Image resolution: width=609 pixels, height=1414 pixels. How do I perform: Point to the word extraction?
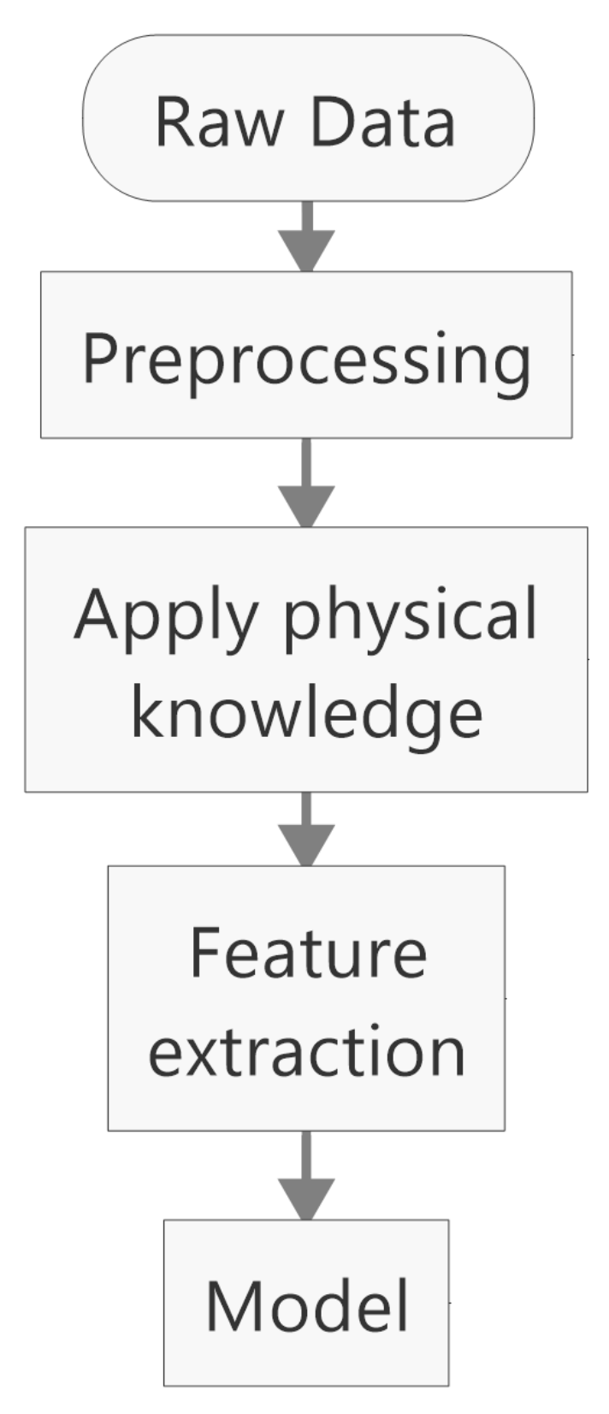pos(306,1051)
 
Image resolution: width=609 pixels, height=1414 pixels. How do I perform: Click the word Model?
pos(306,1306)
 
